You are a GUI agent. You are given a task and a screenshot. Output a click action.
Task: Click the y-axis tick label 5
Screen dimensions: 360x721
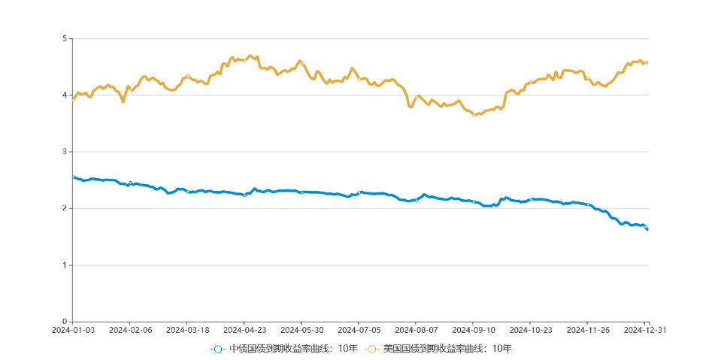tap(65, 38)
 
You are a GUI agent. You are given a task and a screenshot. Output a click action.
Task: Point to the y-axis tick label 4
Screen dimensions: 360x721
tap(65, 95)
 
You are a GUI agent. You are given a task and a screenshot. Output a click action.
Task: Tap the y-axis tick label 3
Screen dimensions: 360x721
tap(65, 152)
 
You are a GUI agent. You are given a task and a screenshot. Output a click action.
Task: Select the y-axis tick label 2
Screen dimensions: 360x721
tap(65, 208)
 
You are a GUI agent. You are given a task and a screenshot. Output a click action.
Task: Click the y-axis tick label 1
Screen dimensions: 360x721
tap(65, 265)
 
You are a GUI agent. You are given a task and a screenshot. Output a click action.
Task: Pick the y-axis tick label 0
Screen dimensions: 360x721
tap(65, 322)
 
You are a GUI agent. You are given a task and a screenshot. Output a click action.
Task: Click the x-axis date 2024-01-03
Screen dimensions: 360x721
tap(73, 330)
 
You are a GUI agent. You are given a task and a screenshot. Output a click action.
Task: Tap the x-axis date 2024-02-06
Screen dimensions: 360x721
tap(130, 330)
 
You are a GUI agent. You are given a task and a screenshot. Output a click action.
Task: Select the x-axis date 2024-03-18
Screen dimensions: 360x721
tap(187, 330)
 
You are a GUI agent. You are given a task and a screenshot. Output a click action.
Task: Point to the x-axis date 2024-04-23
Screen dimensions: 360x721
tap(244, 330)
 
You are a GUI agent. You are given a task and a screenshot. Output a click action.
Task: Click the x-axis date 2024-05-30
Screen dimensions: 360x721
tap(301, 330)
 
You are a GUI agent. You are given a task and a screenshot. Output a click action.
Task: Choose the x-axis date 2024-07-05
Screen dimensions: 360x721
tap(359, 330)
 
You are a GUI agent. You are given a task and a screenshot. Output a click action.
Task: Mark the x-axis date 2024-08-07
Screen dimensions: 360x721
tap(416, 330)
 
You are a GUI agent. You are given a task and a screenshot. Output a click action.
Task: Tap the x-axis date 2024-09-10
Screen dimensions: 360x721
tap(474, 330)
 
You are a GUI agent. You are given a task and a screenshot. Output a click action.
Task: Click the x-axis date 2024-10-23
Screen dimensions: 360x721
tap(531, 330)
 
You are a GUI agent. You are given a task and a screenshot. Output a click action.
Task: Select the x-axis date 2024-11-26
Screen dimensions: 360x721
tap(588, 330)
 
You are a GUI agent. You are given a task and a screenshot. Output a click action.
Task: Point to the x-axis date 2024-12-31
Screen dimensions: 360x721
tap(645, 330)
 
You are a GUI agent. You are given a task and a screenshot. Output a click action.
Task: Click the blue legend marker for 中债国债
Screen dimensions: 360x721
tap(217, 349)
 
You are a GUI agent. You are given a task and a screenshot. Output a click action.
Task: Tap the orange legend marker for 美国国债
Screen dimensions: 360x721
tap(371, 349)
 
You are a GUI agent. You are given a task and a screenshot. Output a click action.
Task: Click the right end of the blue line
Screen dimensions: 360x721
tap(647, 229)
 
